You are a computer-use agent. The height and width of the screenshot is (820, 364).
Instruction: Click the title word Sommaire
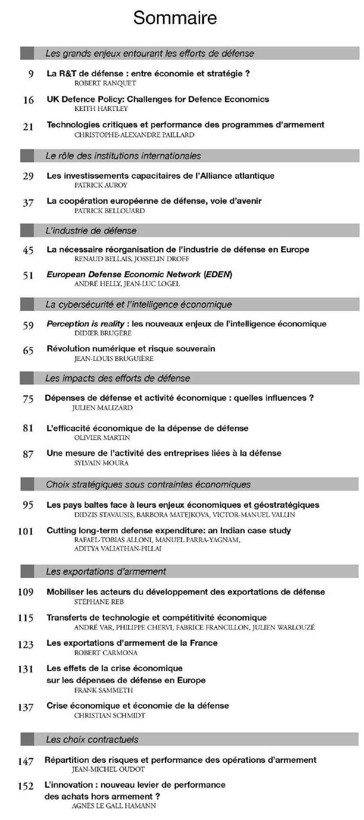(x=175, y=18)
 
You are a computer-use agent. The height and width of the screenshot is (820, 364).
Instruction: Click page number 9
(x=30, y=74)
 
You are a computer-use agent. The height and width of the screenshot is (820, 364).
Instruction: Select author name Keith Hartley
(x=101, y=109)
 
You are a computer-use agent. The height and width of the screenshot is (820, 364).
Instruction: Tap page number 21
(x=28, y=126)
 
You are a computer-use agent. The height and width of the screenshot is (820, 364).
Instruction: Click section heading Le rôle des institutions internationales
(x=123, y=156)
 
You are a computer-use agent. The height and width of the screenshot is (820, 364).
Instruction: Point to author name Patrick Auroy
(x=101, y=185)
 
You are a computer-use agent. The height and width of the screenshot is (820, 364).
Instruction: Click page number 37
(x=28, y=202)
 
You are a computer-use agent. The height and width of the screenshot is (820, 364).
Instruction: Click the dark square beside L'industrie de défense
(x=27, y=231)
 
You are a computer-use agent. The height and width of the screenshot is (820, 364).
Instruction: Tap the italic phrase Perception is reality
(x=85, y=324)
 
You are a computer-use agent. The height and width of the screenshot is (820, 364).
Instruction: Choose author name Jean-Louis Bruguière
(x=114, y=359)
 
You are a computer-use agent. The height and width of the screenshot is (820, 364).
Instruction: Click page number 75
(x=28, y=399)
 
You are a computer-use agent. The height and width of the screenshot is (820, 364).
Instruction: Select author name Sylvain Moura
(x=101, y=463)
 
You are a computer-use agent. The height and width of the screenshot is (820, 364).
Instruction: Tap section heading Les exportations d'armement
(x=106, y=572)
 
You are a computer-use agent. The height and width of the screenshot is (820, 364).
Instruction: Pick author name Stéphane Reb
(x=99, y=602)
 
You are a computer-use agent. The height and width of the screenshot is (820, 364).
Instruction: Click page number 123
(x=26, y=645)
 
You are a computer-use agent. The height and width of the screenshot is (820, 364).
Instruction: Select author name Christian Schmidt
(x=110, y=716)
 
